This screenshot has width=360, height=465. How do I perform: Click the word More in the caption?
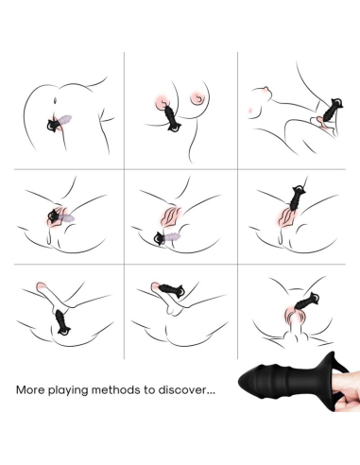[30, 388]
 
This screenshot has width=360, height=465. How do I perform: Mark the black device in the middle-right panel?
[291, 202]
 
